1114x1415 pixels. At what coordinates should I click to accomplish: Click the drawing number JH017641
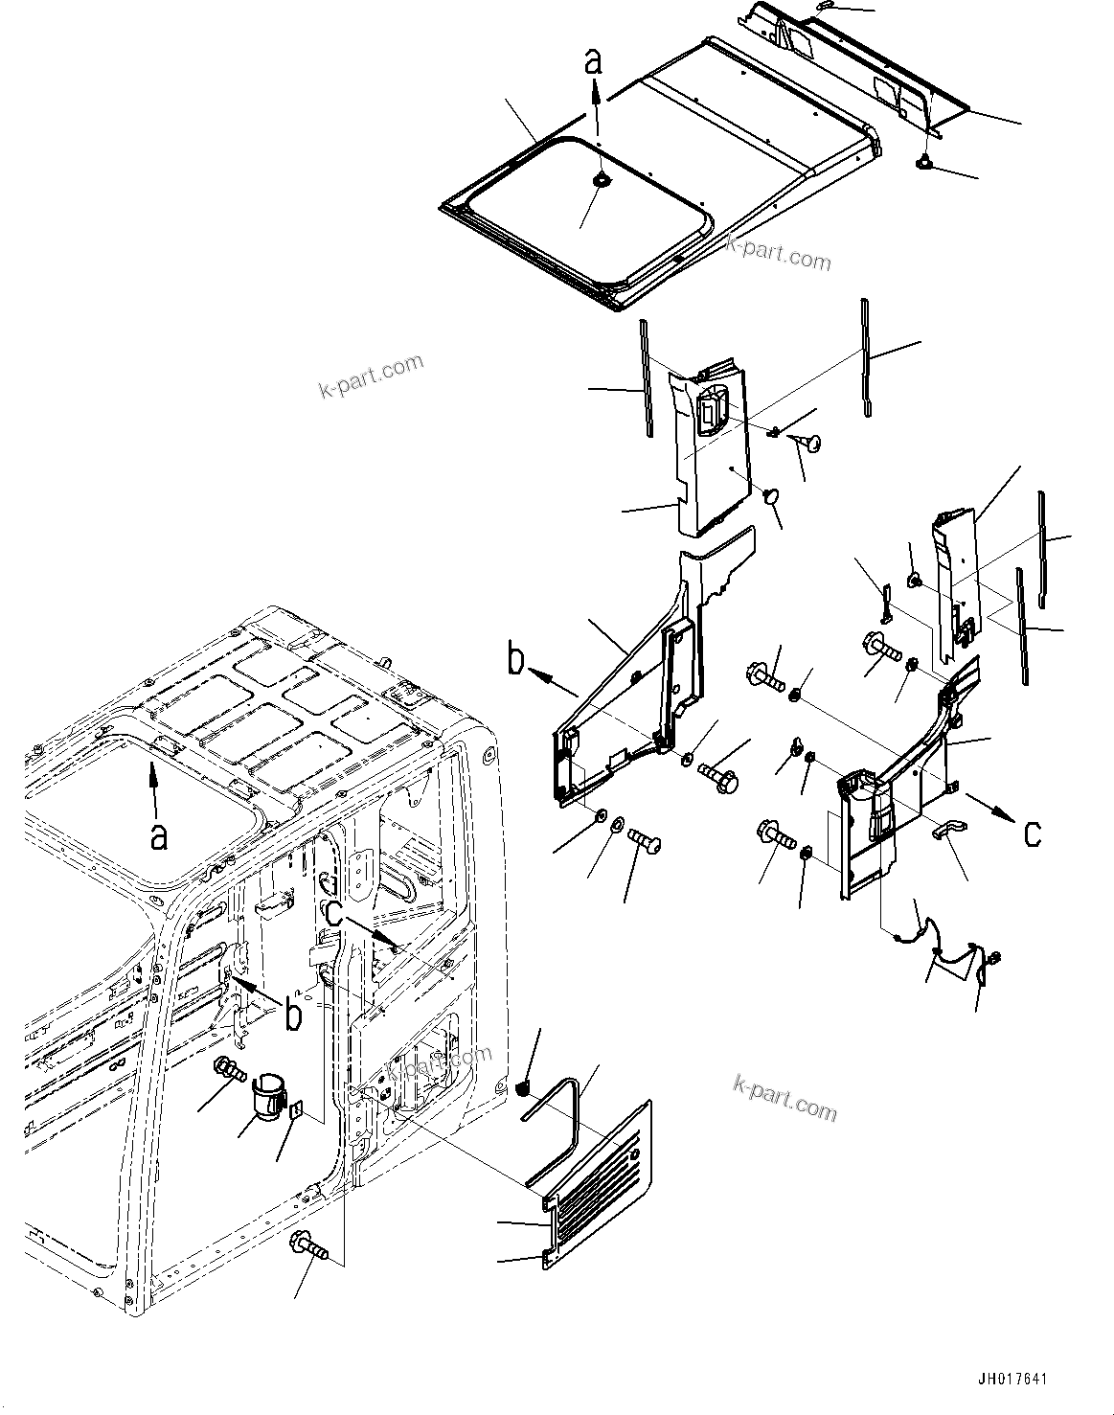coord(1012,1379)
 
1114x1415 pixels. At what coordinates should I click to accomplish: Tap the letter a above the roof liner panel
coord(595,62)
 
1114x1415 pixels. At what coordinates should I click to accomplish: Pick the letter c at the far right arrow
coord(1032,833)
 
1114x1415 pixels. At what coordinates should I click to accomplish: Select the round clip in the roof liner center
coord(602,180)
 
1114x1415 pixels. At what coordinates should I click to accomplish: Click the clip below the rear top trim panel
coord(926,163)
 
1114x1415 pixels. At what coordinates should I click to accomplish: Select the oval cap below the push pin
coord(772,496)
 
